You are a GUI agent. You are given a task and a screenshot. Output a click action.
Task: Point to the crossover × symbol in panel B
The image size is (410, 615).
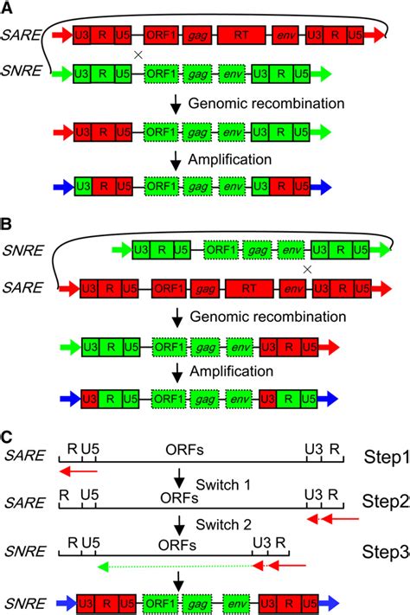tap(307, 269)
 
